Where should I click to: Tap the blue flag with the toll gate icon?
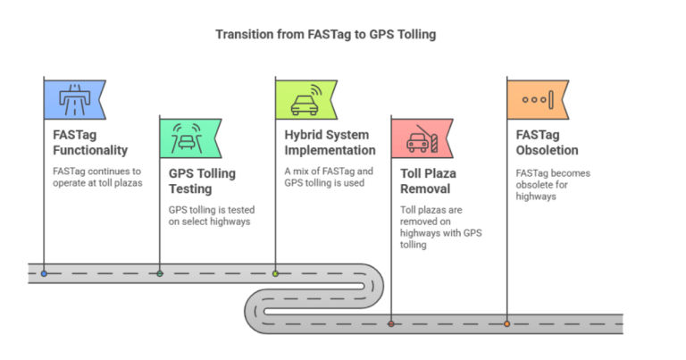[x=74, y=98]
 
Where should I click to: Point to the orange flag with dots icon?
[x=537, y=98]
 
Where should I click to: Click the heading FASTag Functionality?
[x=88, y=142]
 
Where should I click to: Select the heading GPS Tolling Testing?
[x=204, y=181]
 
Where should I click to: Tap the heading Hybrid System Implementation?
[x=329, y=142]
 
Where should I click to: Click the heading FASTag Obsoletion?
[x=546, y=142]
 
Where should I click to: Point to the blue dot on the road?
[x=44, y=273]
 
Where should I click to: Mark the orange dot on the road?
[x=506, y=323]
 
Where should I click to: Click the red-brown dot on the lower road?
[x=391, y=323]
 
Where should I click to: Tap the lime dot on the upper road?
[x=275, y=273]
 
